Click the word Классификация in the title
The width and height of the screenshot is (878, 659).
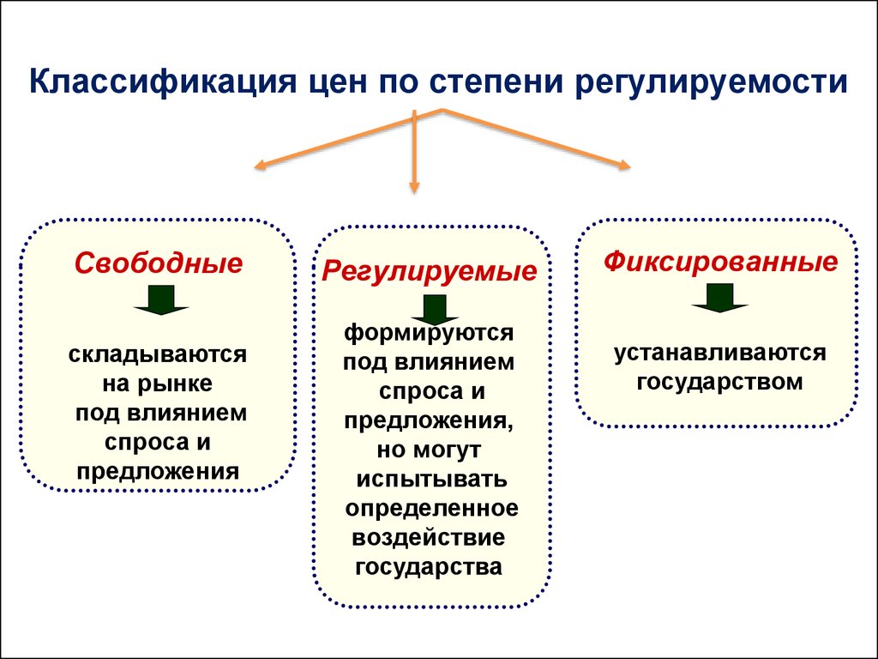(x=162, y=82)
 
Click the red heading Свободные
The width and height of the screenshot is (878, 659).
(x=159, y=263)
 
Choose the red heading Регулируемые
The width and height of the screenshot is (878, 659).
(x=429, y=271)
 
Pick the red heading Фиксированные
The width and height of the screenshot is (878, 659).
(x=720, y=261)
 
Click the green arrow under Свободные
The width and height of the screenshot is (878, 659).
(x=161, y=299)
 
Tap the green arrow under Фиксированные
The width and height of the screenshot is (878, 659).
(x=719, y=298)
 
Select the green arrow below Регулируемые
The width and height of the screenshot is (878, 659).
(x=435, y=309)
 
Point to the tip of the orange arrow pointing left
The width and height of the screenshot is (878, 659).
(x=255, y=166)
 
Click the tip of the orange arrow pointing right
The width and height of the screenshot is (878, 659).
(x=630, y=166)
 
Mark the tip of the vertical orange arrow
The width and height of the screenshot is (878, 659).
(x=414, y=193)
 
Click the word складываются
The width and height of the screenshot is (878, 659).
(x=158, y=354)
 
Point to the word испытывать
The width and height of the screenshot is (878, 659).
(x=432, y=480)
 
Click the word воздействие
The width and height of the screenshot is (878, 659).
(x=429, y=538)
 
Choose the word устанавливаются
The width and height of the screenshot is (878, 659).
(x=720, y=354)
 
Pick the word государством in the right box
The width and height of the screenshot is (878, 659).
(x=719, y=383)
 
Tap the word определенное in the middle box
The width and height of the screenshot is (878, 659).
(x=432, y=509)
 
